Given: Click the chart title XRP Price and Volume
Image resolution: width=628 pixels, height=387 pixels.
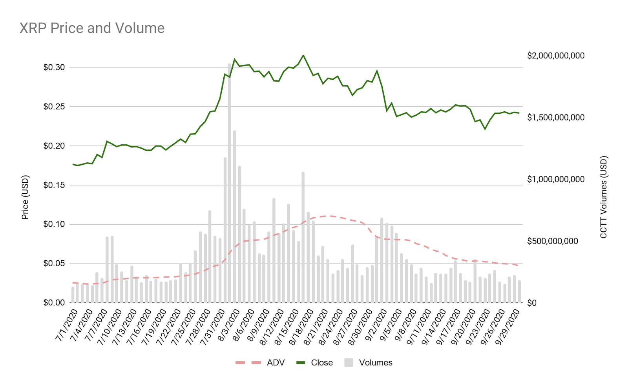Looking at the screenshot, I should pyautogui.click(x=92, y=28).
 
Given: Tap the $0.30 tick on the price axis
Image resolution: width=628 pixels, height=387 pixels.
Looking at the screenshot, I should pyautogui.click(x=54, y=67).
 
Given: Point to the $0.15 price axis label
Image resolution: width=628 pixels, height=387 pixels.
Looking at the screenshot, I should pyautogui.click(x=54, y=185).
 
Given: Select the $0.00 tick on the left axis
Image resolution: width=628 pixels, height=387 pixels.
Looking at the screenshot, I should pyautogui.click(x=54, y=303).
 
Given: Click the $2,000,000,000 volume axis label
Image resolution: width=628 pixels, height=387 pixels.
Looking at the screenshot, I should pyautogui.click(x=556, y=56).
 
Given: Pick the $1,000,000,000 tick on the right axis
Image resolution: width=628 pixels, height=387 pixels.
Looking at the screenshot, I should pyautogui.click(x=556, y=179).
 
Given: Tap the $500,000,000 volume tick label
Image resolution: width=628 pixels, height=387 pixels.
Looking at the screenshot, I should pyautogui.click(x=553, y=241).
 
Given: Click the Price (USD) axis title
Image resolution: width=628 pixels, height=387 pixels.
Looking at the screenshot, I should pyautogui.click(x=25, y=197).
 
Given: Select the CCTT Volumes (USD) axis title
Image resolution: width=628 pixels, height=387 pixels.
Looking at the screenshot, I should pyautogui.click(x=604, y=197).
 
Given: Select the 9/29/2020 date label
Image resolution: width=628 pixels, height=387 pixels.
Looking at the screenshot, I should pyautogui.click(x=508, y=326).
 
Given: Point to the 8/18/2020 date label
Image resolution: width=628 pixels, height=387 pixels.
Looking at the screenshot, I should pyautogui.click(x=302, y=326).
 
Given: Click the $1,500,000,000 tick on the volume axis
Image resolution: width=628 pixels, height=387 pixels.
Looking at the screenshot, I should pyautogui.click(x=556, y=118).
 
